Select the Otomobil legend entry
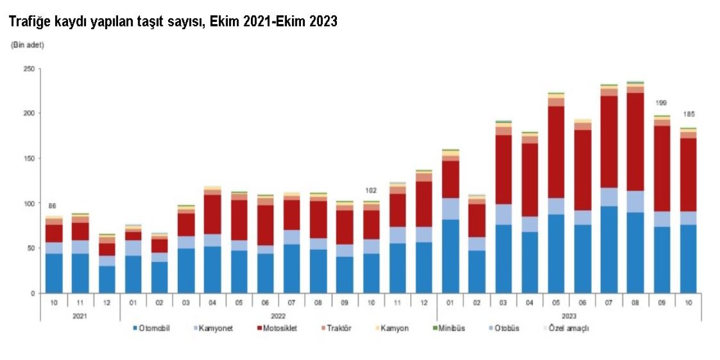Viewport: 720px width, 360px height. click(154, 328)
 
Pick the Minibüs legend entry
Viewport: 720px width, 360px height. click(451, 328)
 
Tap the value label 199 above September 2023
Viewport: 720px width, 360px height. click(661, 103)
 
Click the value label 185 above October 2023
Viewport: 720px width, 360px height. click(688, 114)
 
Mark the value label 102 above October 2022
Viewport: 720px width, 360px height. click(371, 191)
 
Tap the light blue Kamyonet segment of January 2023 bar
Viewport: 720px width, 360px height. click(451, 209)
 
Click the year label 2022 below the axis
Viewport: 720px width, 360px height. click(278, 316)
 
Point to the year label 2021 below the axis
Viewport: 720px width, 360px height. click(80, 316)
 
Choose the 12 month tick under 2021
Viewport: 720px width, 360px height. click(107, 302)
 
